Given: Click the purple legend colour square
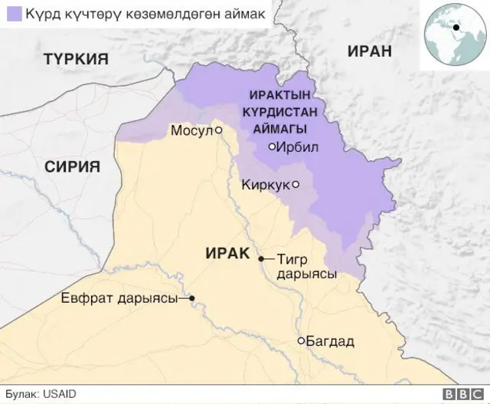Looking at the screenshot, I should pyautogui.click(x=13, y=15).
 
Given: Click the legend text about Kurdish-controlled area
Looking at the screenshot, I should pyautogui.click(x=142, y=15).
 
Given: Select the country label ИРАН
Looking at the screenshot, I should pyautogui.click(x=369, y=51).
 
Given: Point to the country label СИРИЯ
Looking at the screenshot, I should pyautogui.click(x=73, y=167).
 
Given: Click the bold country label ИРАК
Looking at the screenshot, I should pyautogui.click(x=228, y=253).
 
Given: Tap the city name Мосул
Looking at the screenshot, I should pyautogui.click(x=191, y=131).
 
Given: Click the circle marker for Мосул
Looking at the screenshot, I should pyautogui.click(x=218, y=130).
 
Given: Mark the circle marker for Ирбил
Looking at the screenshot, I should pyautogui.click(x=272, y=146).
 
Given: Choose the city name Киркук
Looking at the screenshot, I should pyautogui.click(x=265, y=184).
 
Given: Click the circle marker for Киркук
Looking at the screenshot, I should pyautogui.click(x=296, y=184).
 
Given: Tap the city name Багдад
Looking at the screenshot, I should pyautogui.click(x=331, y=340).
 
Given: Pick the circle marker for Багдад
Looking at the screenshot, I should pyautogui.click(x=302, y=340).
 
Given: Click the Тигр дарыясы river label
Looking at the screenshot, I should pyautogui.click(x=306, y=267).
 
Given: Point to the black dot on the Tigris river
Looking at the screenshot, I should pyautogui.click(x=260, y=259).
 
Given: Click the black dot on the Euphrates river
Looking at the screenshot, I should pyautogui.click(x=192, y=298).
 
